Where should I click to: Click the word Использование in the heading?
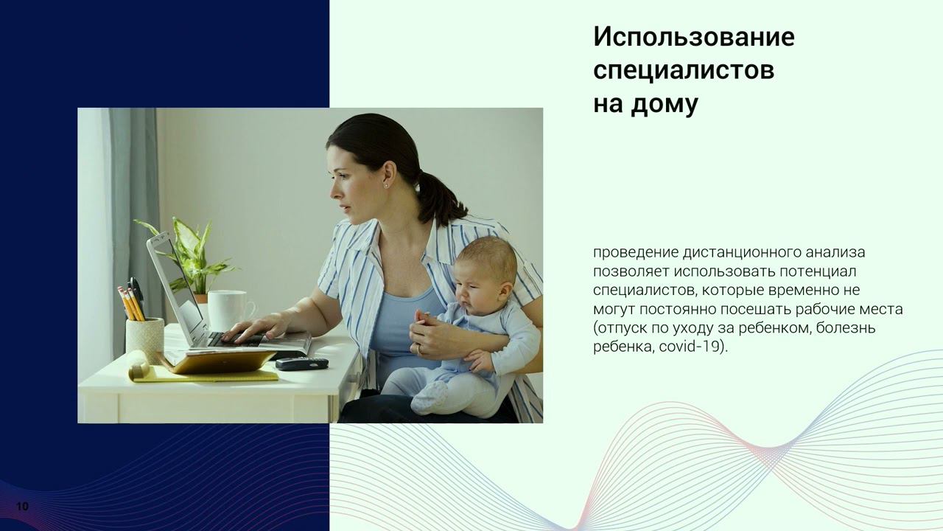pos(693,37)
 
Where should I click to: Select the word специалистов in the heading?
pos(683,71)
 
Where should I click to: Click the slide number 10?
pos(22,507)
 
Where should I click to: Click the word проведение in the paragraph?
pos(635,253)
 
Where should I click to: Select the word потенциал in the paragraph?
pos(818,271)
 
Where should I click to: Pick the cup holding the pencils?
pos(144,339)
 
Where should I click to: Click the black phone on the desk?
pos(301,363)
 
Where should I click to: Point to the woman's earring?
pos(386,185)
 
